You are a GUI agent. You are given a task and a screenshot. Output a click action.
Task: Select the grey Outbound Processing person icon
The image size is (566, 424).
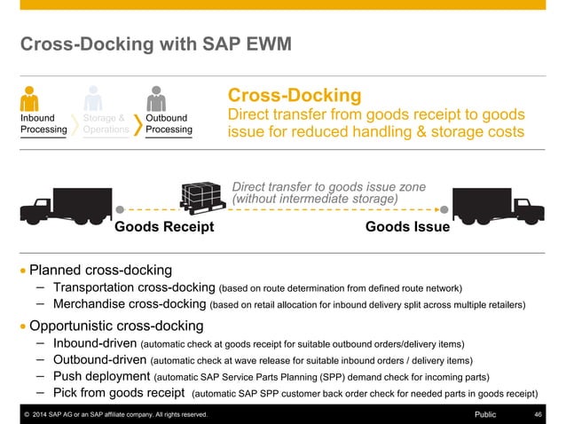(157, 98)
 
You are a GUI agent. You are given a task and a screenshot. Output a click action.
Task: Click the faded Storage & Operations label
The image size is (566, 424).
(105, 123)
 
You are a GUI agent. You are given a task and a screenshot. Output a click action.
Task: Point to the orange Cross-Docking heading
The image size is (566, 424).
(295, 95)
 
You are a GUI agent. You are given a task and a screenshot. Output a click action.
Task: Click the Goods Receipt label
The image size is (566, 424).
(165, 227)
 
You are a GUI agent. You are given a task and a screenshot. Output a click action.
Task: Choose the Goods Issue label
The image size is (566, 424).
(407, 227)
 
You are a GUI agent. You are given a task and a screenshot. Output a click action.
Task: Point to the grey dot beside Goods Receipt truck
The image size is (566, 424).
(120, 212)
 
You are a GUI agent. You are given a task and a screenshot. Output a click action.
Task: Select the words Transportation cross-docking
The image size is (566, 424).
(134, 287)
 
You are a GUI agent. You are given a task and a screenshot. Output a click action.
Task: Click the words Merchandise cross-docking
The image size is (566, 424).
(129, 304)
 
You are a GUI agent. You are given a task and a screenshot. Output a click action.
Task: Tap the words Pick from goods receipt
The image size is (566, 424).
(119, 392)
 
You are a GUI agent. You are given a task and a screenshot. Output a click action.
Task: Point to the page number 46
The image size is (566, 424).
(538, 414)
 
